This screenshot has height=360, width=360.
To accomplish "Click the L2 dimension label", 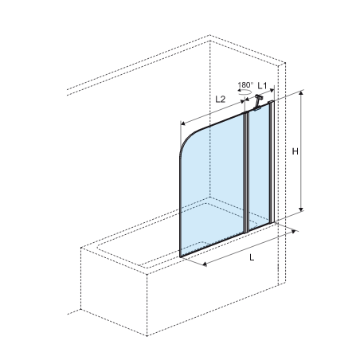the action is coord(220,100).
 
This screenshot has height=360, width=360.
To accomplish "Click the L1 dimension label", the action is coord(262,85).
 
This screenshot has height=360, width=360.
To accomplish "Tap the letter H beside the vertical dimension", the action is coord(295,151).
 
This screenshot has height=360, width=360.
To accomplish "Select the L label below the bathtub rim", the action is coord(252,257).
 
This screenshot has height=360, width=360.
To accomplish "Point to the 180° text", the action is coord(245,85).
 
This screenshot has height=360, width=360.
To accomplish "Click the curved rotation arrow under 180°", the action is coord(245,92).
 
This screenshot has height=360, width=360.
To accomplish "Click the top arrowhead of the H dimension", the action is coord(301,92).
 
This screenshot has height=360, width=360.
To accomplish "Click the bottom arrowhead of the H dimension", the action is coord(301,209).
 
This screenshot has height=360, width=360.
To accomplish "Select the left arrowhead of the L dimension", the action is coord(205,264).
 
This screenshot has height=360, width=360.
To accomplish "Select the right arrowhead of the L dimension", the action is coord(294,232).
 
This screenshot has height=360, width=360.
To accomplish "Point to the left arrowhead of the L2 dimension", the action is coord(183,123).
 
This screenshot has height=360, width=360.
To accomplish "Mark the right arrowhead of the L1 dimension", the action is coord(272,90).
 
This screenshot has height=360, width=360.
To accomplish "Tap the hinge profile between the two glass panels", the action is coord(246,173).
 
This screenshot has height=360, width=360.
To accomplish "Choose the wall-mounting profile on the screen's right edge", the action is coord(272,162).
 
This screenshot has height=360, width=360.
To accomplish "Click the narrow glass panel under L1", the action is coord(259,167).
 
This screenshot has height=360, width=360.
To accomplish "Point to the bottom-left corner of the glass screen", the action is coord(180,256).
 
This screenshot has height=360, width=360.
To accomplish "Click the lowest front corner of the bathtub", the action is coord(147,335).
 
